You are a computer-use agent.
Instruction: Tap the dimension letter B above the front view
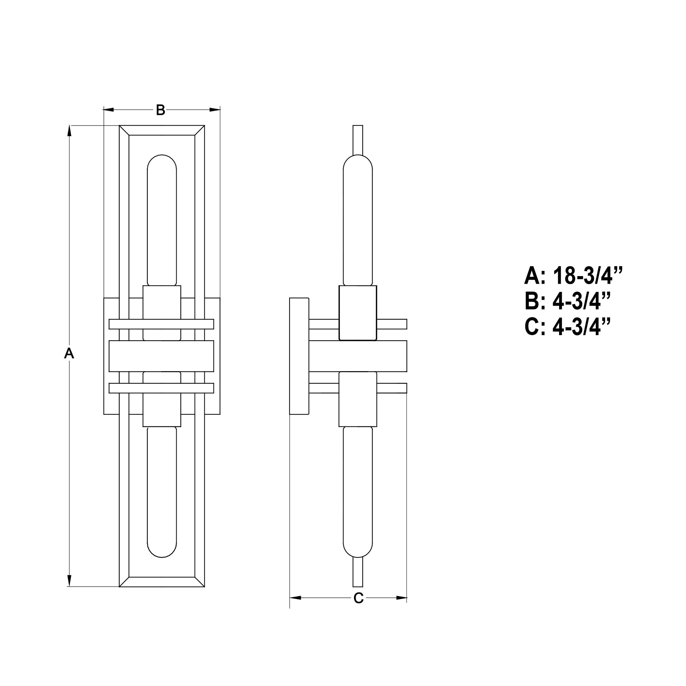[x=161, y=110]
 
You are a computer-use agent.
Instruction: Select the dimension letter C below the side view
[x=359, y=598]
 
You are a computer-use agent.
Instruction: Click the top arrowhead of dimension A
[x=69, y=131]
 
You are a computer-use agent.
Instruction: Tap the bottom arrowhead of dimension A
[x=69, y=581]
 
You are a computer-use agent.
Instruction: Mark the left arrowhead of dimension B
[x=109, y=110]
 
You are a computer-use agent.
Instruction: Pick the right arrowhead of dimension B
[x=215, y=110]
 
